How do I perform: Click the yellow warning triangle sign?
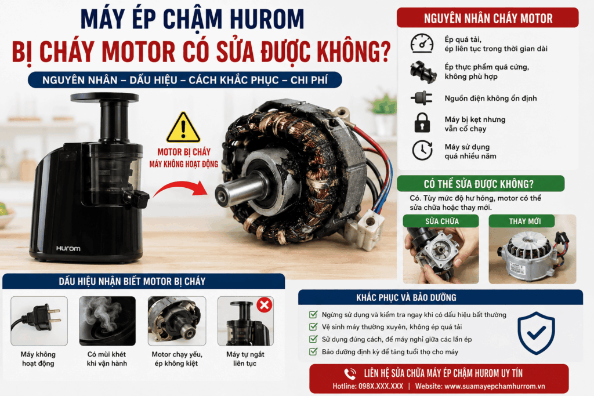(183, 128)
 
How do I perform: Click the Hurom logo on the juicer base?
(68, 248)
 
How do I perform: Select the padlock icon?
(422, 123)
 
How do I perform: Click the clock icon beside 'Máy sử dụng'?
(422, 150)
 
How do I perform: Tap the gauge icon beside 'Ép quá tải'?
(422, 43)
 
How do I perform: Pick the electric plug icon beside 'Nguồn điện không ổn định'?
(422, 98)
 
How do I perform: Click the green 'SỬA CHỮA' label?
(441, 221)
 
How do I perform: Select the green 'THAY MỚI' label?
(524, 221)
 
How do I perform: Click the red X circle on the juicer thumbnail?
(265, 305)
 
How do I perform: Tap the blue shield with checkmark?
(536, 333)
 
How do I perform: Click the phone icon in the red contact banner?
(350, 373)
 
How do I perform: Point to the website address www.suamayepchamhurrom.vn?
(480, 387)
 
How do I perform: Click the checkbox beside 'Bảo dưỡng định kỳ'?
(313, 352)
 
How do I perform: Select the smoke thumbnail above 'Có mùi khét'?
(107, 321)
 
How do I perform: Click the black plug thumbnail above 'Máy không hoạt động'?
(39, 321)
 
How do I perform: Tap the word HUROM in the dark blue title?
(267, 19)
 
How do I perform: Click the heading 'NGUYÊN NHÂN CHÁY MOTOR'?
(488, 19)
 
